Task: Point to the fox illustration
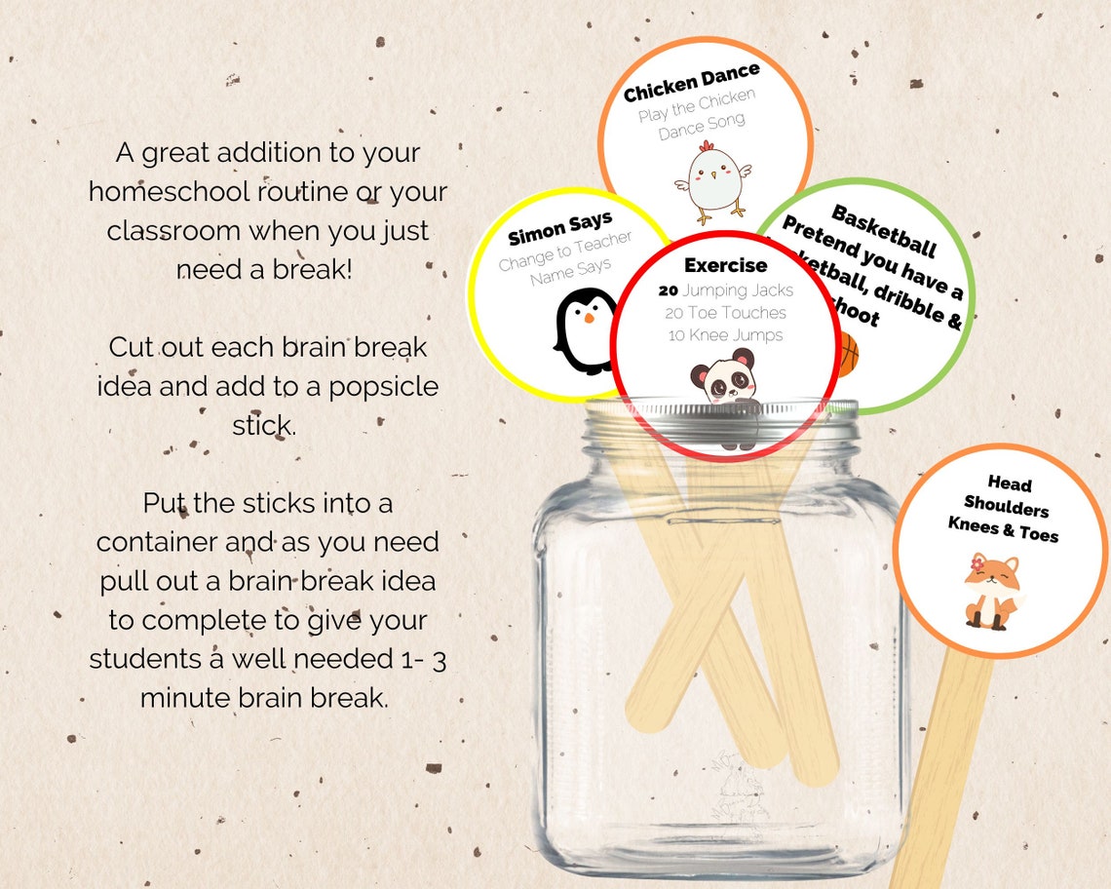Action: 991,591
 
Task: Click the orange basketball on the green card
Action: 846,354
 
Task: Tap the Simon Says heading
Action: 559,229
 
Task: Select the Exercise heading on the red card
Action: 725,265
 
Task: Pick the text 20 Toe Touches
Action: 725,313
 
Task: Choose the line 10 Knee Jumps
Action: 725,335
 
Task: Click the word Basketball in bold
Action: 883,231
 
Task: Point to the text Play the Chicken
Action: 696,106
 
